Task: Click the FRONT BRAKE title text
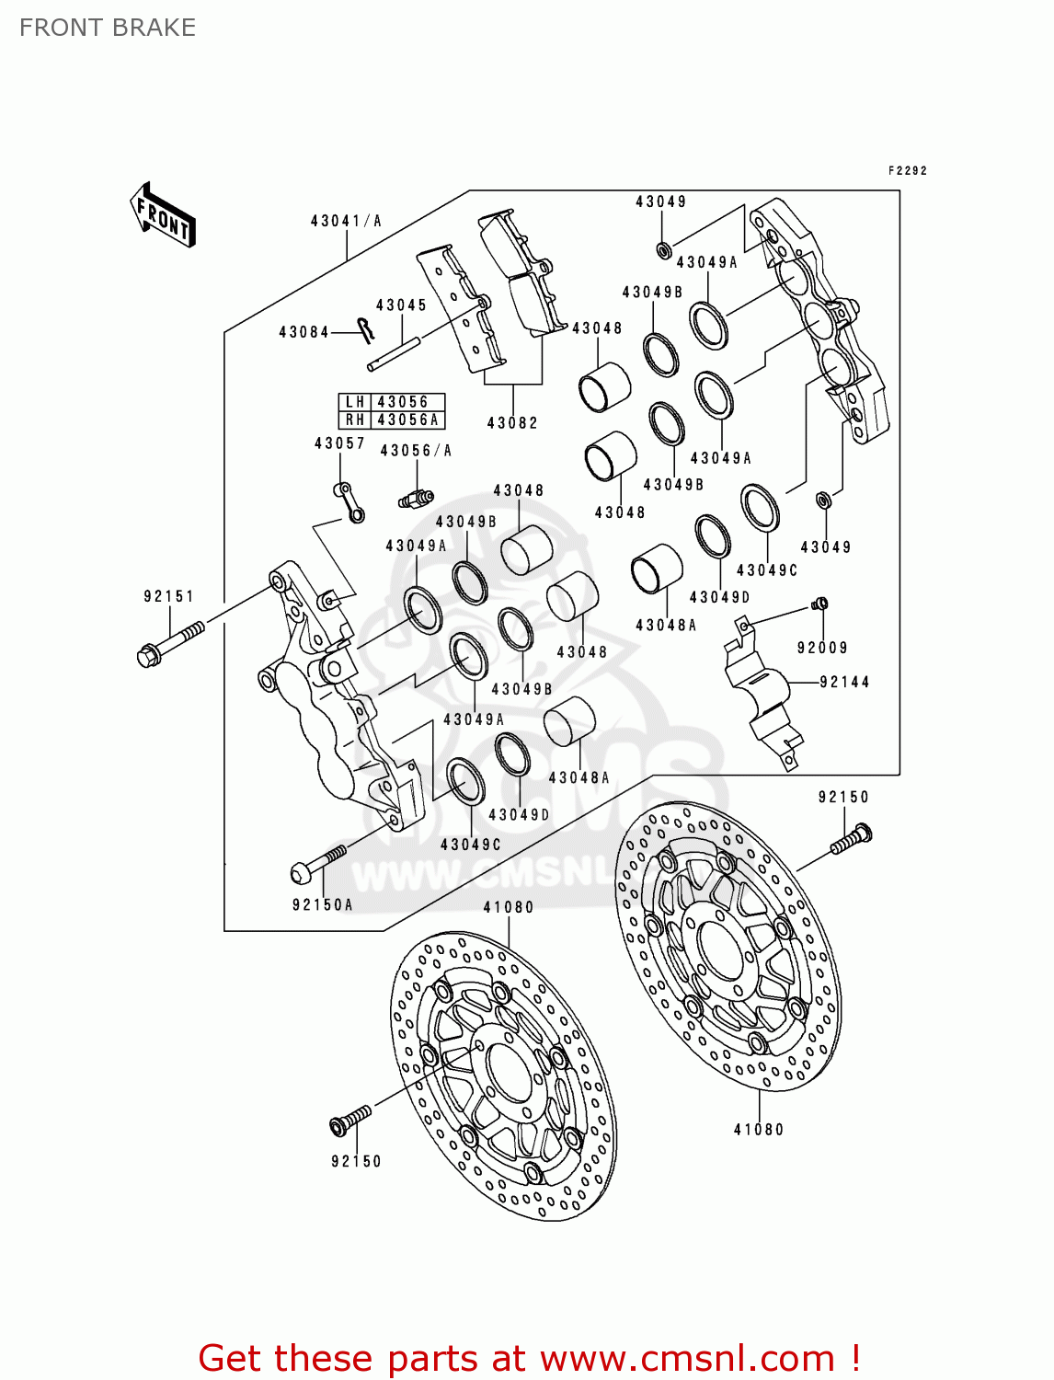(107, 28)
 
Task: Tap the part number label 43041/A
(346, 221)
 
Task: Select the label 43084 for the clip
(304, 332)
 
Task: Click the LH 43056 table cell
(393, 402)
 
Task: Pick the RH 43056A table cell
(393, 420)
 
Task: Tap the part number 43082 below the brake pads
(512, 423)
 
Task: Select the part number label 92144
(844, 682)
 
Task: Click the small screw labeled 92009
(819, 604)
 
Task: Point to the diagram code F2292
(907, 170)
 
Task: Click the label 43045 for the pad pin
(401, 305)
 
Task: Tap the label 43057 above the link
(339, 443)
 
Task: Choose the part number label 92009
(822, 648)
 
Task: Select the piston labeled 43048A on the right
(657, 569)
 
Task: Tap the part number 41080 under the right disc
(759, 1130)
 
